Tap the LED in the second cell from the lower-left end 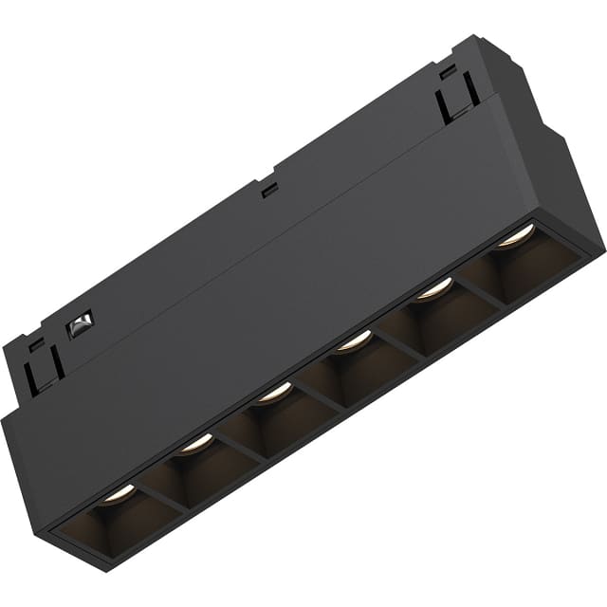point(196,441)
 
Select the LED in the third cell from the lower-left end point(275,390)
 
